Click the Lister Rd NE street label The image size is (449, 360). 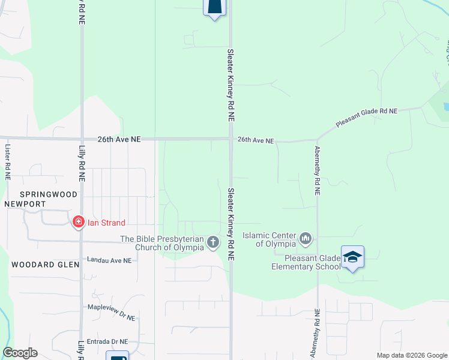click(8, 162)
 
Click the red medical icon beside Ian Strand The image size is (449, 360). click(78, 223)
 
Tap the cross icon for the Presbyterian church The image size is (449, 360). click(213, 242)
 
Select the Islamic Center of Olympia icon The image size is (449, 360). click(306, 239)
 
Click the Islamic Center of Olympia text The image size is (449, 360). click(269, 239)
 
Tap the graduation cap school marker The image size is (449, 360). click(352, 257)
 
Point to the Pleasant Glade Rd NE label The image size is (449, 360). click(367, 116)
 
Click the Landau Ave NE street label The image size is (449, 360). click(109, 260)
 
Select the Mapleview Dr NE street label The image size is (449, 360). click(111, 307)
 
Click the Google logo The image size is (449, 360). click(20, 353)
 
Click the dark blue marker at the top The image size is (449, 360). click(215, 7)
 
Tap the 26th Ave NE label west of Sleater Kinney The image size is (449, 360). click(119, 139)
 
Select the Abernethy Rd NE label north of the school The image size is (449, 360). click(318, 172)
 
